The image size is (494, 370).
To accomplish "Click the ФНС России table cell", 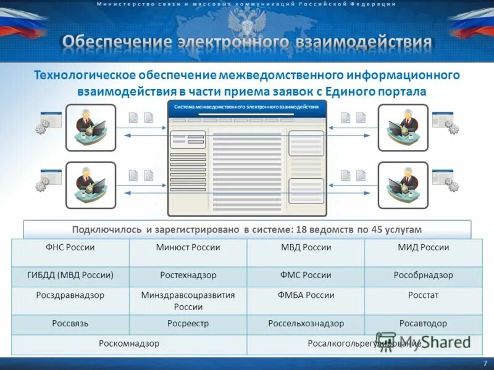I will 70,248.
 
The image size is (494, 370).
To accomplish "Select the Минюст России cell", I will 188,248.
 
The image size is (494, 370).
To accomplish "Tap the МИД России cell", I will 423,248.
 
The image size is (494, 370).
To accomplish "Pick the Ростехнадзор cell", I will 188,275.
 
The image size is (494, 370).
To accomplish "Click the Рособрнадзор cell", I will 423,275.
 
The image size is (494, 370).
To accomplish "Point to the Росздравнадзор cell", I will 70,295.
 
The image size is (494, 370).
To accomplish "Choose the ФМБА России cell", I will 306,295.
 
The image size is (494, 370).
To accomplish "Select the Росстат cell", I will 423,295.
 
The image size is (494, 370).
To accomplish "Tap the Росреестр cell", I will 188,323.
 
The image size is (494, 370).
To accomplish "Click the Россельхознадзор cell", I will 306,323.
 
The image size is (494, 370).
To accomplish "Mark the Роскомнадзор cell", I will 129,343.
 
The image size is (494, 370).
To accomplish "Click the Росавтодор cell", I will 423,323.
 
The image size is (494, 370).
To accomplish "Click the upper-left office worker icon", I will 91,128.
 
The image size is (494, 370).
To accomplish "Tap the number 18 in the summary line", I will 301,230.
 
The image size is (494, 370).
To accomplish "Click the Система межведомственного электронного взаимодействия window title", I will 246,107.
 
